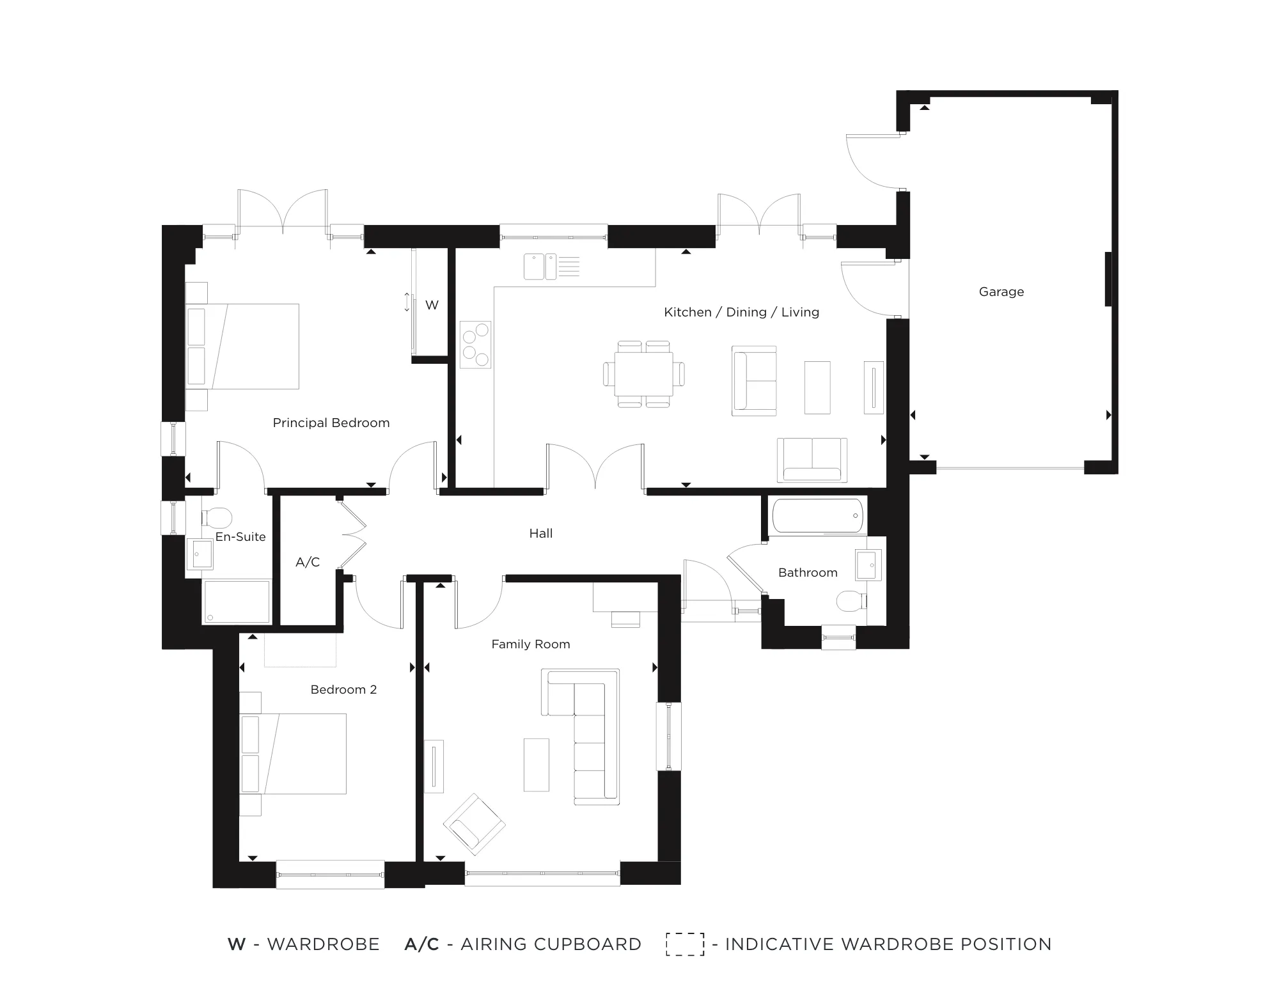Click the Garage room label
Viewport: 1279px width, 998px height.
[1001, 292]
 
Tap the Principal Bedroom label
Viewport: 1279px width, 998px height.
[331, 423]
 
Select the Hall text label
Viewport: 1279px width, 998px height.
[540, 533]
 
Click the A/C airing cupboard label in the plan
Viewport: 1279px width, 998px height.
[308, 562]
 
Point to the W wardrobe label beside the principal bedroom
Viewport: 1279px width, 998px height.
[432, 305]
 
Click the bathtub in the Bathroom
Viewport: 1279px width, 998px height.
[818, 516]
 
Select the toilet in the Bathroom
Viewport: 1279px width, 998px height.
[851, 601]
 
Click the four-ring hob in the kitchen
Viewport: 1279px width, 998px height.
[475, 345]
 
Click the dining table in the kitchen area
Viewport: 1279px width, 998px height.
[644, 374]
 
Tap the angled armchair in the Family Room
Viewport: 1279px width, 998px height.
[474, 825]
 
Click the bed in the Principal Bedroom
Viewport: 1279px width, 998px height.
[242, 347]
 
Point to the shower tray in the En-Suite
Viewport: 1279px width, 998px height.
[237, 602]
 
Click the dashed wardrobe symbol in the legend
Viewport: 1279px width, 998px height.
[685, 944]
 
